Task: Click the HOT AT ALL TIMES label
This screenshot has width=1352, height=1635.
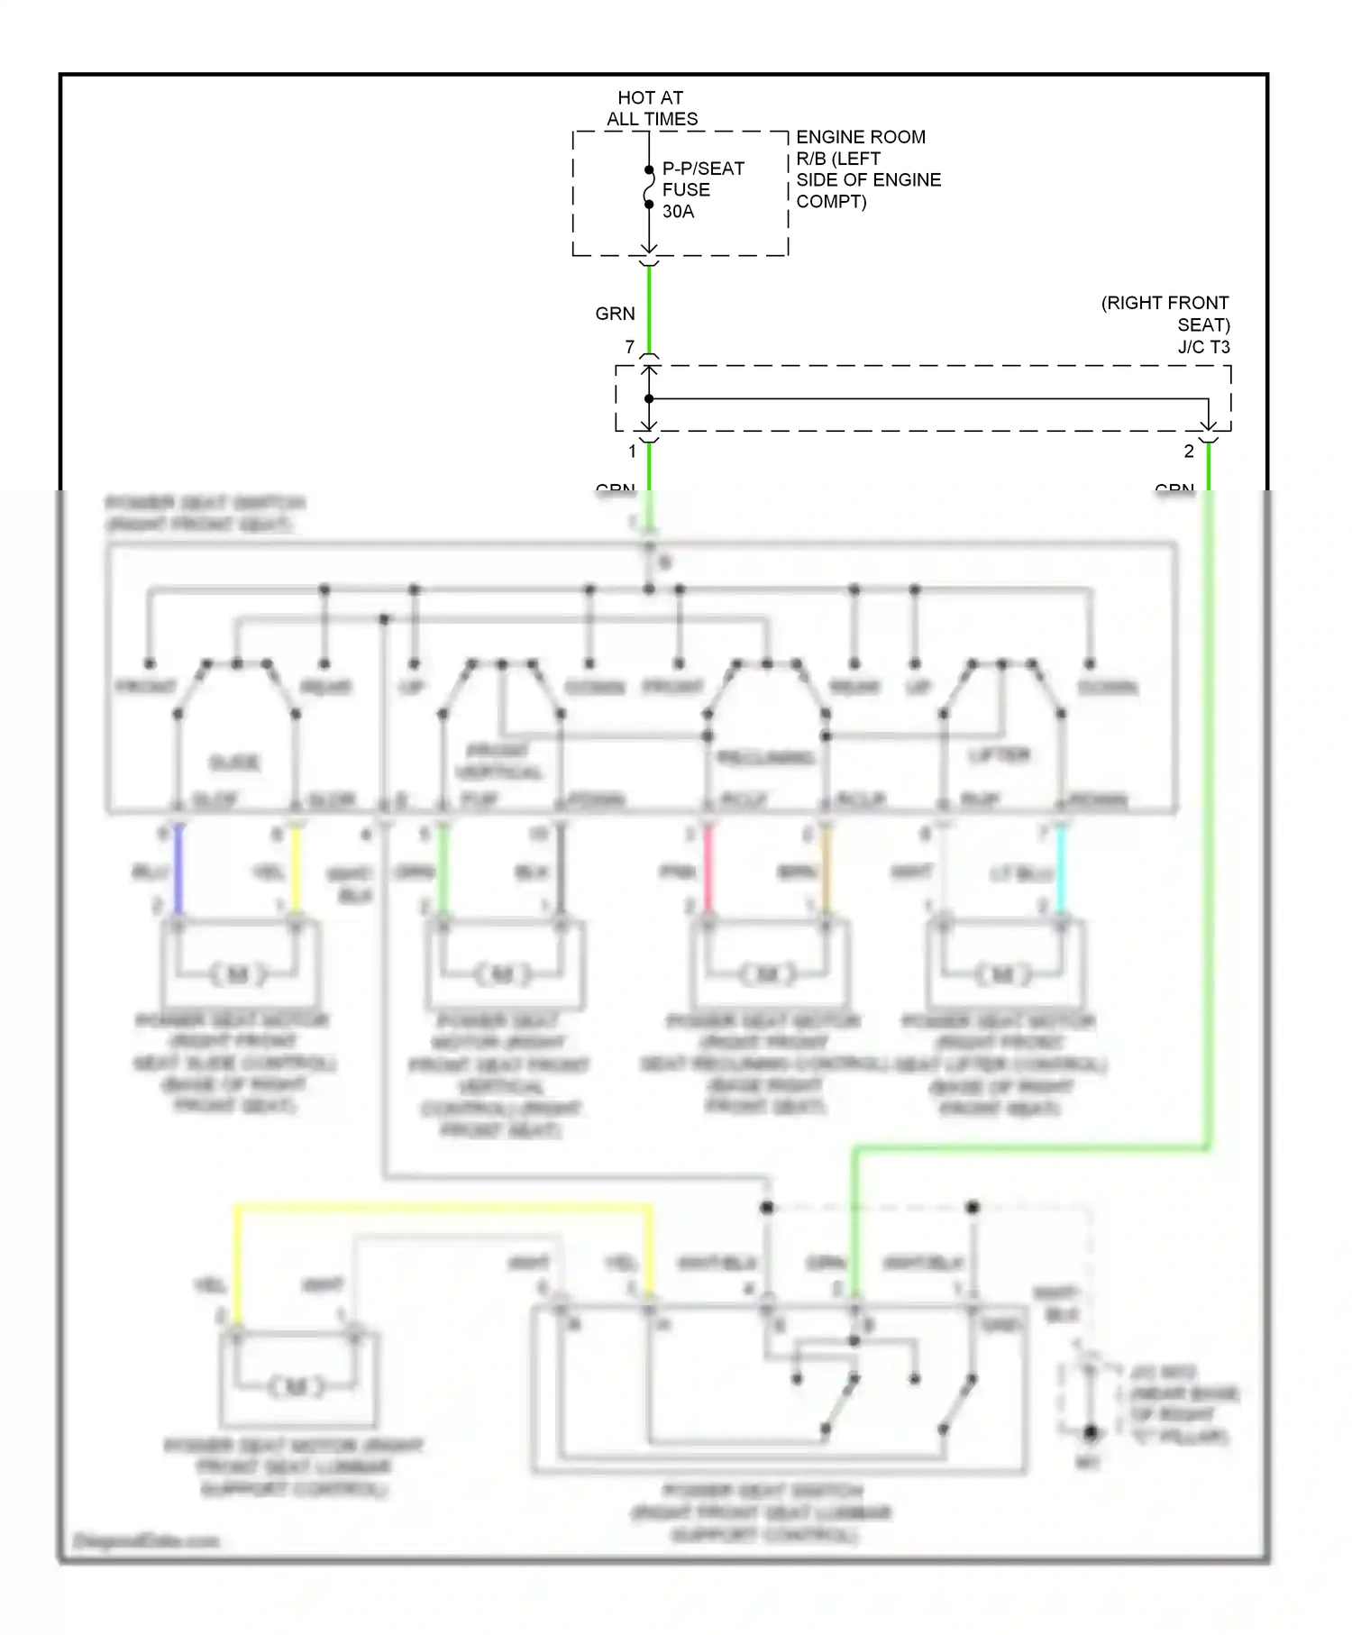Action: pos(651,108)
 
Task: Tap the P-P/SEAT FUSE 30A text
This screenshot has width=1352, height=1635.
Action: pos(702,190)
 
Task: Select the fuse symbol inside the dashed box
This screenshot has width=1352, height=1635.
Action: pos(649,187)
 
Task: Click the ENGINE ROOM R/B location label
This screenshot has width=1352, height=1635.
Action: pos(867,169)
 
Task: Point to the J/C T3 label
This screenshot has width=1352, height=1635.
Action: pos(1203,347)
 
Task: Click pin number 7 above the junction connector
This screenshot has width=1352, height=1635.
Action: pos(629,347)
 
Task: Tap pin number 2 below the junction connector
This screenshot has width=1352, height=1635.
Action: pos(1188,452)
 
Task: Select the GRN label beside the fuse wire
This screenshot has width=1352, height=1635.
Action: pos(615,314)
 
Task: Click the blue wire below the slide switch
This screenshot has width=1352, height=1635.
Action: pos(178,871)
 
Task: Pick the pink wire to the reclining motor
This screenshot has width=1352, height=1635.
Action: pos(708,871)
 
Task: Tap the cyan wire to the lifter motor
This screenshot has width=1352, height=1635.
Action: pos(1061,871)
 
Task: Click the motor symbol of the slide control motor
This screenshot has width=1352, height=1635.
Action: pos(238,974)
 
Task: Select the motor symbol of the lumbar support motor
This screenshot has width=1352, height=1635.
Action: pos(297,1386)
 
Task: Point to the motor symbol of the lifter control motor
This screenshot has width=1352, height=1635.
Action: pos(1001,974)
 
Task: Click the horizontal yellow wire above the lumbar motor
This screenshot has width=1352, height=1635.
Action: pos(442,1207)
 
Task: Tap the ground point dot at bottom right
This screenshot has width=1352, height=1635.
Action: pos(1090,1432)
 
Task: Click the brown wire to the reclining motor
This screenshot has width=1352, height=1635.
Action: pos(826,871)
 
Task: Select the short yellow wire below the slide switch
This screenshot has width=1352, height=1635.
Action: pos(296,871)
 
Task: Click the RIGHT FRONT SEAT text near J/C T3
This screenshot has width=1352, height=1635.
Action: pos(1165,314)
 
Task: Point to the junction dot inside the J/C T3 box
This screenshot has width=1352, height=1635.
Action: pos(649,398)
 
